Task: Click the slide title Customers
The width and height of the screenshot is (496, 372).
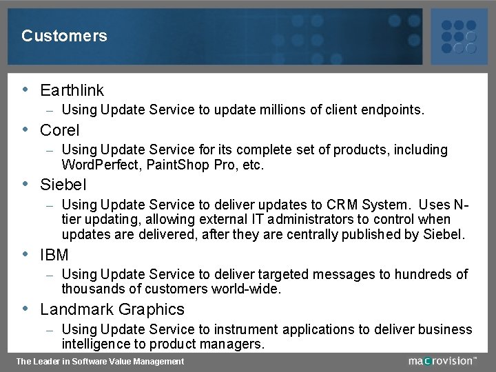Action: click(x=64, y=36)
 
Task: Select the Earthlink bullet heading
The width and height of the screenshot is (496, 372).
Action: click(x=72, y=90)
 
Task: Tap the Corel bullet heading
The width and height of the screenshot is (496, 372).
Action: click(x=60, y=130)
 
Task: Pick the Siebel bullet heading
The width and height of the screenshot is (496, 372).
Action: click(x=63, y=185)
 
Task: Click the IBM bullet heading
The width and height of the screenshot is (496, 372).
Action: click(x=54, y=255)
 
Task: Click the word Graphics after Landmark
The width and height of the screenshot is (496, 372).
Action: click(x=152, y=309)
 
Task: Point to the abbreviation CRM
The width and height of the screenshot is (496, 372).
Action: click(x=345, y=205)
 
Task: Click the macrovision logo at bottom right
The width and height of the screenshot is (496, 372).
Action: click(x=442, y=360)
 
